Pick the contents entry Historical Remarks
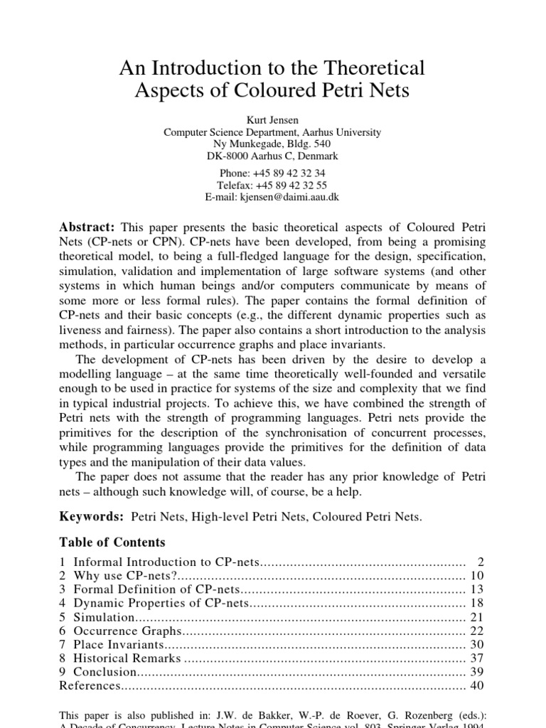tap(127, 658)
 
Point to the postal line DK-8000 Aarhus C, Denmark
tap(272, 156)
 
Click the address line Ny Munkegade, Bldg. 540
tap(272, 144)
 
